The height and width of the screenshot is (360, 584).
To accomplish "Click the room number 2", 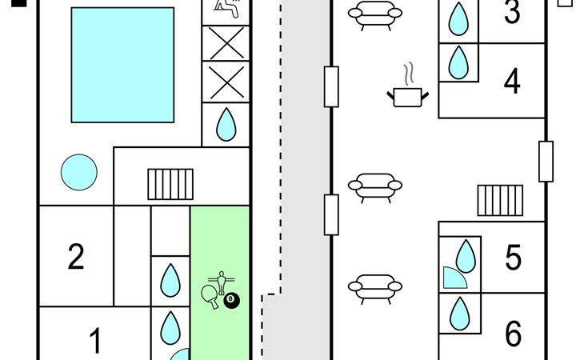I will [x=76, y=257].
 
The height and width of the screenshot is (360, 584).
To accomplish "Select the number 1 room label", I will [x=95, y=342].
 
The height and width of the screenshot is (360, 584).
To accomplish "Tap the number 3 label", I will [x=512, y=13].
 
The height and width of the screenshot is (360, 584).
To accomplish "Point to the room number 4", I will [x=512, y=81].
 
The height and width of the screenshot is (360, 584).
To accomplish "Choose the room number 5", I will [x=513, y=258].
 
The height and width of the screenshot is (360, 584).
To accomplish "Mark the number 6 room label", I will [x=513, y=334].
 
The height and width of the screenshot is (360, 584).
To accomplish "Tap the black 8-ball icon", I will [x=233, y=300].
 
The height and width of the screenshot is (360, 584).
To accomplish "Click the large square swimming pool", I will [x=122, y=65].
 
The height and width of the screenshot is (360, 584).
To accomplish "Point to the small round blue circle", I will [x=79, y=172].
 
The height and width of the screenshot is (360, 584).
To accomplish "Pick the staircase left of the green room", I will [x=170, y=184].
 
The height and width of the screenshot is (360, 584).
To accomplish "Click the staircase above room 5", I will [x=500, y=201].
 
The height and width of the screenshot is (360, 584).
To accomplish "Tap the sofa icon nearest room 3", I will [x=373, y=14].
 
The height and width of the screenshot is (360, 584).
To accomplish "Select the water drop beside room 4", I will [x=458, y=62].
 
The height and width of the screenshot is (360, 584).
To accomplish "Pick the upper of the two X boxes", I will [x=226, y=42].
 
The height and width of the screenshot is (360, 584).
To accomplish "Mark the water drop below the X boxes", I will [x=226, y=125].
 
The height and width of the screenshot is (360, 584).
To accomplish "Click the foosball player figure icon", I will [x=220, y=282].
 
